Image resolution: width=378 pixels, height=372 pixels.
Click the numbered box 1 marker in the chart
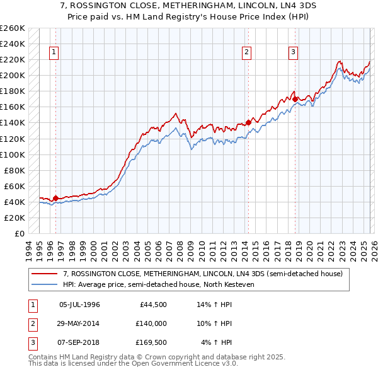[x=55, y=52]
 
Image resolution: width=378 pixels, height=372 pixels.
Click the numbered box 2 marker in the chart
[x=247, y=52]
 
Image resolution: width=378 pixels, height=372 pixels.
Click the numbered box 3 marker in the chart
[x=294, y=52]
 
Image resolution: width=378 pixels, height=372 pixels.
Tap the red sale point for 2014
[x=248, y=122]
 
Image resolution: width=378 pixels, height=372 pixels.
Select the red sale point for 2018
[x=294, y=99]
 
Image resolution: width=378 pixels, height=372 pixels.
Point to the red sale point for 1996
[x=55, y=198]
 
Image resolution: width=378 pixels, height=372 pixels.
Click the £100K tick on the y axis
[x=13, y=154]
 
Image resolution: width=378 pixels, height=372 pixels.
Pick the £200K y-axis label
[x=13, y=75]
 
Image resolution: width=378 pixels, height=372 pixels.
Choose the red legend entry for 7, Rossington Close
[x=202, y=274]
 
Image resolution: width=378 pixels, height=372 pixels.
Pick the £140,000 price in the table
[x=151, y=323]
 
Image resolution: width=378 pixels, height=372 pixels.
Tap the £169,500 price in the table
[x=151, y=342]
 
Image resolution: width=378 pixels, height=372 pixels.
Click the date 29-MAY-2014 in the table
[x=79, y=323]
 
